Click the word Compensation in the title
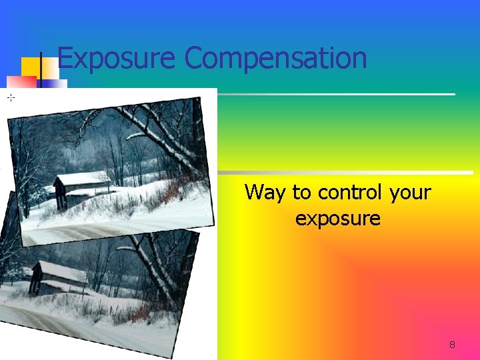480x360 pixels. [x=275, y=58]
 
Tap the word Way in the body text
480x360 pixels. [x=265, y=193]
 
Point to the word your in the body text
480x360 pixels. [x=410, y=193]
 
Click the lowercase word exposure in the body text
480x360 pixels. [x=337, y=218]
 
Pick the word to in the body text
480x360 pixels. [x=301, y=193]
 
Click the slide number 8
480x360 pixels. [x=452, y=345]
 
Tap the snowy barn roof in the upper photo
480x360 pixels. [x=83, y=178]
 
